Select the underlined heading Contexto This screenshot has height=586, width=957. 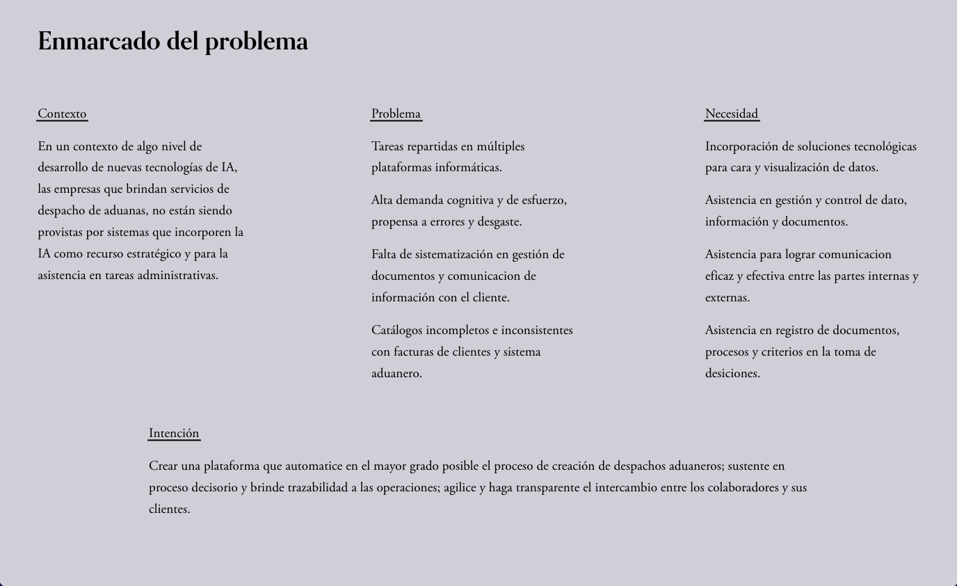click(x=62, y=113)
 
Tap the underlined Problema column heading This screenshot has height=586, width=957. click(x=396, y=113)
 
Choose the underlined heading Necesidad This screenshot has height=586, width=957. click(x=731, y=113)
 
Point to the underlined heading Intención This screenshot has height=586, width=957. click(x=174, y=433)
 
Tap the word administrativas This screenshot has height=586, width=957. click(x=177, y=275)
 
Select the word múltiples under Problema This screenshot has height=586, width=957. click(x=500, y=146)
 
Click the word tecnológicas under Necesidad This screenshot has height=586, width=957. click(x=885, y=146)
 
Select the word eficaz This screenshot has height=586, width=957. click(x=719, y=276)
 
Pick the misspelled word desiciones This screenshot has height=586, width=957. click(x=732, y=373)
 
